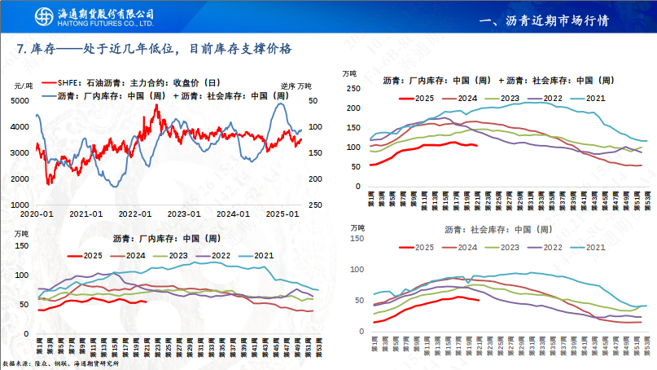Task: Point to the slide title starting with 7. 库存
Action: coord(155,50)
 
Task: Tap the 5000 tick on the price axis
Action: coord(22,101)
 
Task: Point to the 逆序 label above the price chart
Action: coord(288,86)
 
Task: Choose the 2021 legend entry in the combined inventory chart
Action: coord(594,98)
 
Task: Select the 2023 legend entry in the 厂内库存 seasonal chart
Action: coord(178,255)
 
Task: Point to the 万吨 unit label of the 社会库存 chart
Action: coord(357,227)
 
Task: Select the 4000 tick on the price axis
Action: coord(22,127)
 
